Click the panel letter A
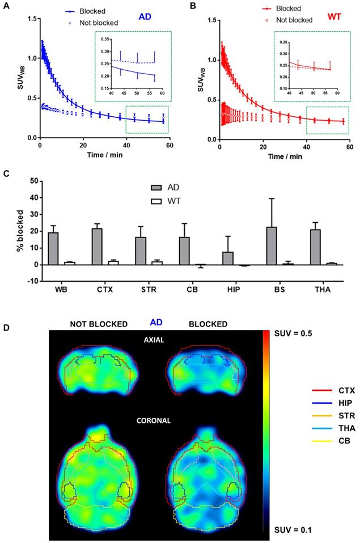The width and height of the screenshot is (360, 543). click(5, 6)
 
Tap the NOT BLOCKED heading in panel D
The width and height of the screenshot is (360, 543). click(99, 324)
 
